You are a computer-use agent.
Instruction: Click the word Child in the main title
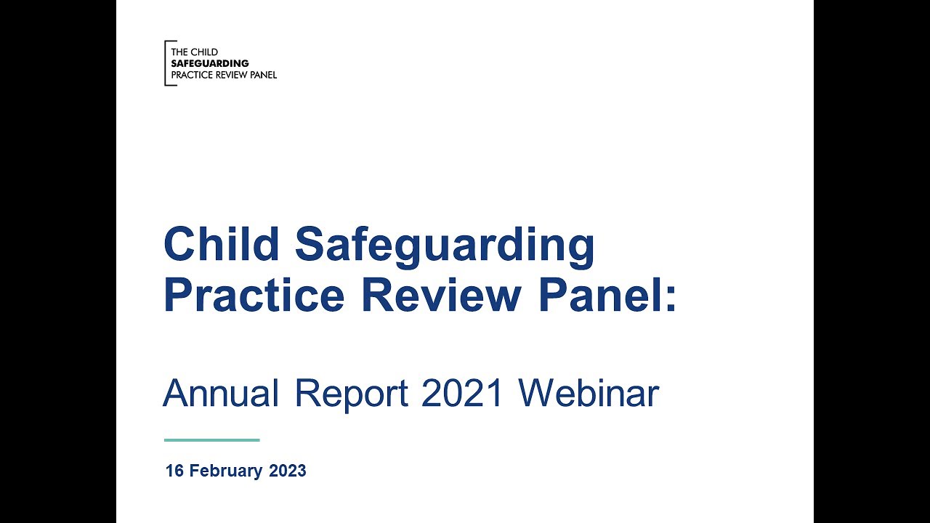221,244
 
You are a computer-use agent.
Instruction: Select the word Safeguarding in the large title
445,246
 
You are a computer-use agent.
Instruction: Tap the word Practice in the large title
254,296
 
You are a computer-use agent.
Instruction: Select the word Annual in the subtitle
221,394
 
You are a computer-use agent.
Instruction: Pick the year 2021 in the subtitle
463,394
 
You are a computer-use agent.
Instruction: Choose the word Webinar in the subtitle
588,394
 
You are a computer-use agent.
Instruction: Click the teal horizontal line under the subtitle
211,439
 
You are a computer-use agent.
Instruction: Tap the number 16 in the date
174,471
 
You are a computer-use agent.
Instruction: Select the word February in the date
226,471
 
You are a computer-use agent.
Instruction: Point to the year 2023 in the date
288,471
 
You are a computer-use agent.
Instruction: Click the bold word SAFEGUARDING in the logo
210,63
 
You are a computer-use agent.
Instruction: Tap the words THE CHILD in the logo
194,52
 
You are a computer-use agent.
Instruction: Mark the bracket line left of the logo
166,63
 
